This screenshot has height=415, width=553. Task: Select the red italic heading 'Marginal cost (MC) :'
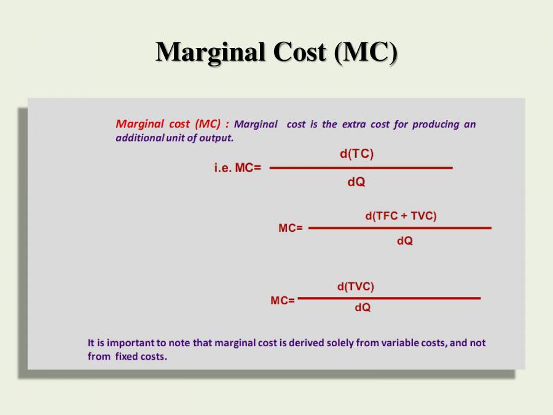173,124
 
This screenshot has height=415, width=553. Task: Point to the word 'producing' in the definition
436,124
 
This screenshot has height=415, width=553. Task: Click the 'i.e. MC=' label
237,168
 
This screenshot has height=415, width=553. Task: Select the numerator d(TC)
356,154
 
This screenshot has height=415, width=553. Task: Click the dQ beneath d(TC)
356,182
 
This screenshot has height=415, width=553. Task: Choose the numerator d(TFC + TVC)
401,216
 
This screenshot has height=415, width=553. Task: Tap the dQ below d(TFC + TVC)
404,242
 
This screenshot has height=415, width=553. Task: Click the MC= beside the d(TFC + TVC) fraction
291,228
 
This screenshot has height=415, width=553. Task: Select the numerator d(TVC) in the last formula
355,287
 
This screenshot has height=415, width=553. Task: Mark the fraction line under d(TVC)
389,298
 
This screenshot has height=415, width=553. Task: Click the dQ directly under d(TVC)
363,307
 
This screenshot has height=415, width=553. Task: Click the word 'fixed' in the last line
127,357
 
